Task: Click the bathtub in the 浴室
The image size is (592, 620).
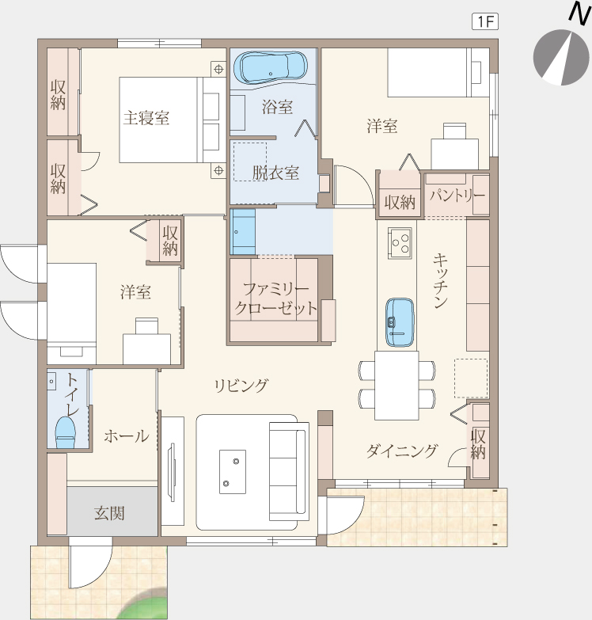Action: (271, 67)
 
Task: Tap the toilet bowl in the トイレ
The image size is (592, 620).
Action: (65, 432)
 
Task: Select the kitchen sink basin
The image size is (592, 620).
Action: (400, 322)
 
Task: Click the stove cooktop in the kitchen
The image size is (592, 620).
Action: (400, 243)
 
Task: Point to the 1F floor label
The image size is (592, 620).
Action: (485, 21)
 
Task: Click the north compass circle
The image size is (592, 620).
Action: (561, 57)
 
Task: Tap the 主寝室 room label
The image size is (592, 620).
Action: (146, 118)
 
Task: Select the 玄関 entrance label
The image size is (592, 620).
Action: (109, 513)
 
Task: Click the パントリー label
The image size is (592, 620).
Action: (457, 195)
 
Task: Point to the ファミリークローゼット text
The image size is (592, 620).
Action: (276, 299)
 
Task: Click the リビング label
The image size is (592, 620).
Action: (241, 385)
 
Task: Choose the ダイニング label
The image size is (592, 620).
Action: (401, 451)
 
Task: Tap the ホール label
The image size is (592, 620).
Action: (127, 436)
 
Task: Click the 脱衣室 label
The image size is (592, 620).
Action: (276, 173)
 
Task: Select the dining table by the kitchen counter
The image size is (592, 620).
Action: (397, 385)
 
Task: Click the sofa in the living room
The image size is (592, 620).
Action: (289, 471)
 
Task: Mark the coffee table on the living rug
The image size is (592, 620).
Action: (233, 471)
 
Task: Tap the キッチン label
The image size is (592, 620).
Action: (440, 281)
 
